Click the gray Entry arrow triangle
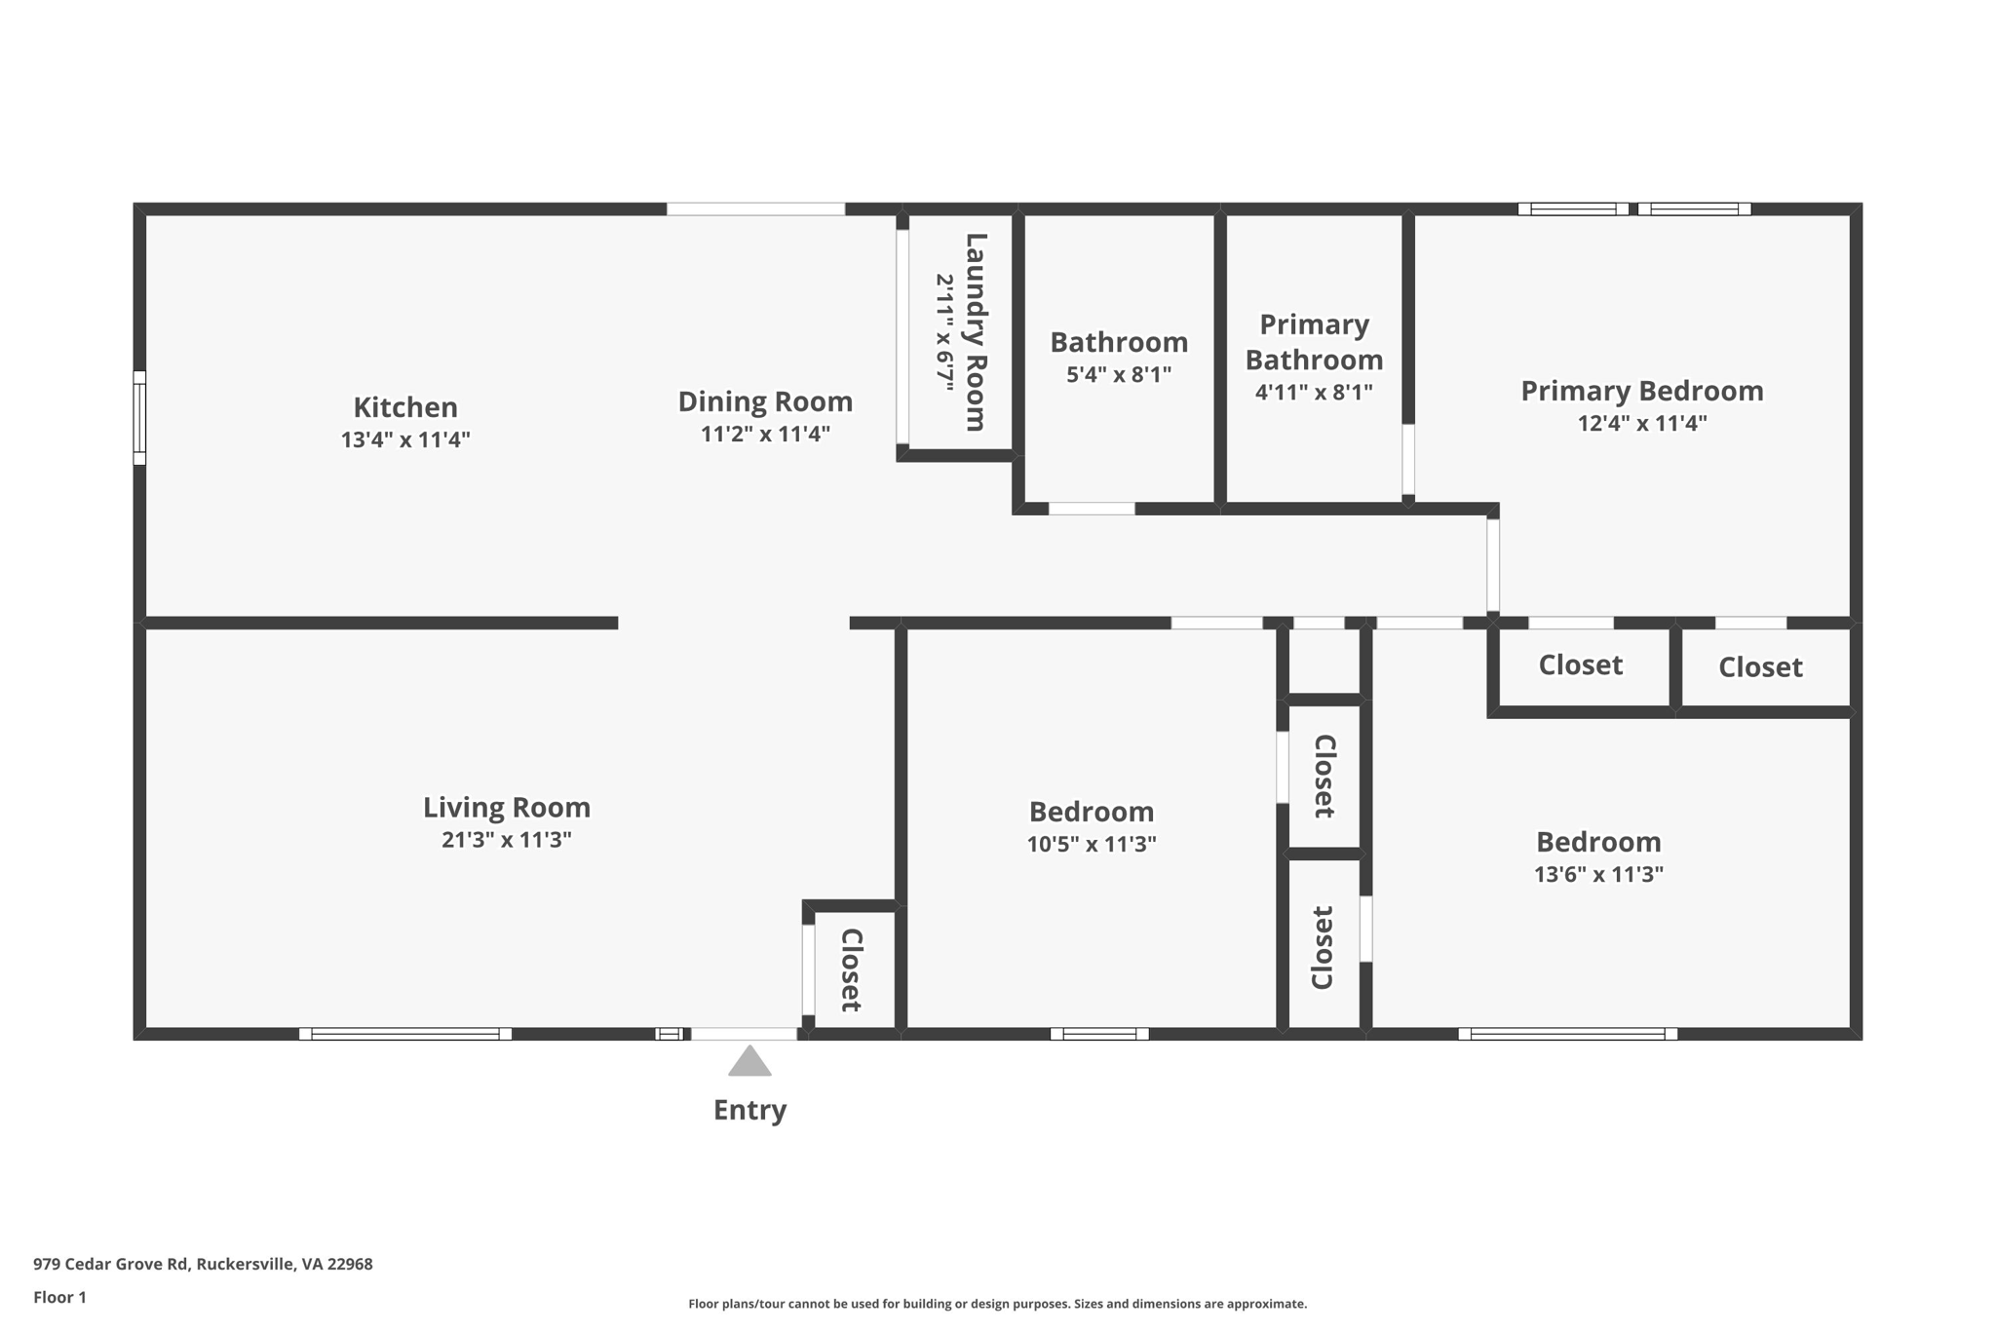(749, 1062)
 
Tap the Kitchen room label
(405, 406)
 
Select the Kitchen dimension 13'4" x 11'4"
(405, 439)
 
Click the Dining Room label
(765, 401)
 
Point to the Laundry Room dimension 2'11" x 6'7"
(944, 333)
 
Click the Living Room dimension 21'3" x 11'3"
(506, 840)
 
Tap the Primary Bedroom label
(1642, 391)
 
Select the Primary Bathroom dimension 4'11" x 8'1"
(1314, 393)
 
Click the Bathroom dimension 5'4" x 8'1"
(1119, 375)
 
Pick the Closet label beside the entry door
(851, 969)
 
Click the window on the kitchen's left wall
(139, 417)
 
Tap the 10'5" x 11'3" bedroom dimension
(1092, 844)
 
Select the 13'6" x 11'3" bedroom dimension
(1598, 874)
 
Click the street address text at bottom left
(203, 1264)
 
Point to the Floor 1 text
(59, 1297)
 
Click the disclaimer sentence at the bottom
(997, 1304)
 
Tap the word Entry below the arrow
(749, 1110)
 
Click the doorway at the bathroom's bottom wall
(1092, 509)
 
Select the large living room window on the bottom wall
(404, 1034)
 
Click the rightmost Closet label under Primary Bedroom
(1760, 667)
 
